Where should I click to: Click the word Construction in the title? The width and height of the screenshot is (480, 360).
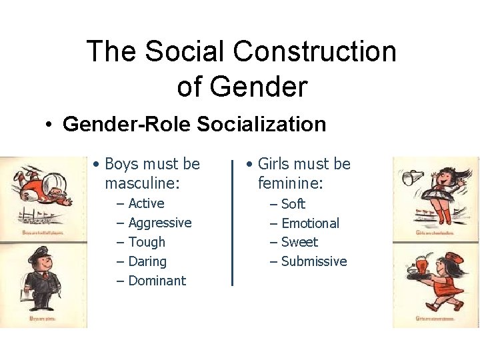coord(319,52)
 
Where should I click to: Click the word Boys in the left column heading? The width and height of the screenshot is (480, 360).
coord(122,164)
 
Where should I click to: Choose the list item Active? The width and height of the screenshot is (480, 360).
coord(146,203)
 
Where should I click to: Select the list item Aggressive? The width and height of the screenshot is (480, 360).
coord(159,223)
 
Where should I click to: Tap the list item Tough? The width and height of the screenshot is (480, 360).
coord(146,242)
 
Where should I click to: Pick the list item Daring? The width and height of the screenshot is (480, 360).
coord(147,261)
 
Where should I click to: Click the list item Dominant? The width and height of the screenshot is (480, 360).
coord(157,281)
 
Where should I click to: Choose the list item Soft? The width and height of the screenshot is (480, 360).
coord(293,204)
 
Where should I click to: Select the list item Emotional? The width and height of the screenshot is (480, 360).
coord(310,223)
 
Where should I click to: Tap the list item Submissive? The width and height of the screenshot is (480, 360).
coord(313,261)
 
